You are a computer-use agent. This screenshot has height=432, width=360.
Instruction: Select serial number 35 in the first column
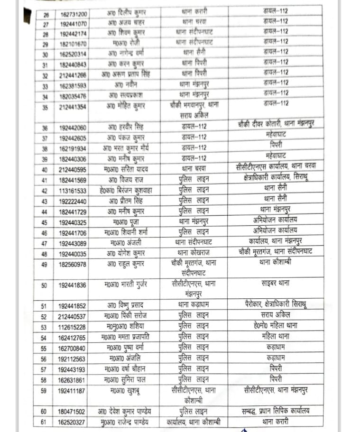click(x=45, y=107)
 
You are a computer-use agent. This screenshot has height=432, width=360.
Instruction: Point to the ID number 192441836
click(x=73, y=285)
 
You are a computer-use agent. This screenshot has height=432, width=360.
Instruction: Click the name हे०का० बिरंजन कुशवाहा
click(x=125, y=191)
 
